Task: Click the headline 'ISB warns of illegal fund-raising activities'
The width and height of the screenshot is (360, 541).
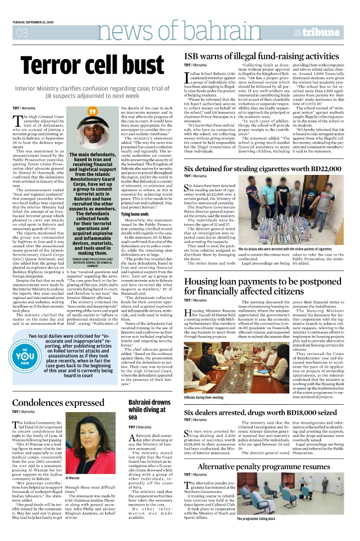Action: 261,56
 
